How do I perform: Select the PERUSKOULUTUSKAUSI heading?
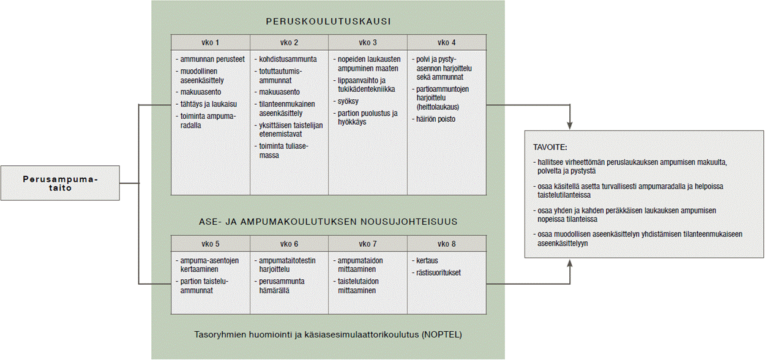(x=328, y=21)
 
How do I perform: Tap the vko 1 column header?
(x=210, y=43)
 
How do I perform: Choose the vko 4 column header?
(x=446, y=43)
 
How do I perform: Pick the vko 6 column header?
(x=289, y=243)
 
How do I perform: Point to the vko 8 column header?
(x=446, y=243)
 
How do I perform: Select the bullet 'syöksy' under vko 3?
(x=347, y=102)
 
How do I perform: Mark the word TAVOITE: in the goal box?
(x=550, y=148)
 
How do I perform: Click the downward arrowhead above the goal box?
(x=570, y=126)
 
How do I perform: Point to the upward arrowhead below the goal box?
(x=570, y=262)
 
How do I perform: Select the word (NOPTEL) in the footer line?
(x=442, y=335)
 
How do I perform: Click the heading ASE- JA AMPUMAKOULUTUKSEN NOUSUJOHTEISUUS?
(x=328, y=221)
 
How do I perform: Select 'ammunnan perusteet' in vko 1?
(x=211, y=59)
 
